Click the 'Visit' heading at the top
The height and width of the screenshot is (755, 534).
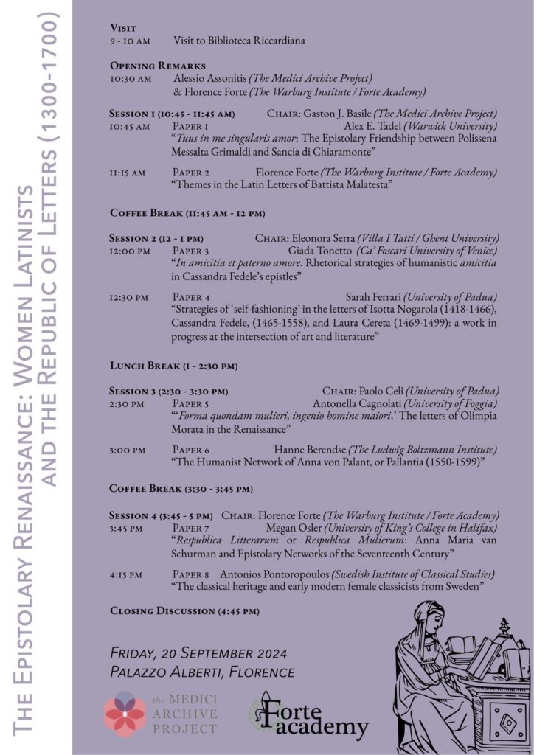[122, 27]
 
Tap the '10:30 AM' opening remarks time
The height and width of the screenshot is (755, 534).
[131, 78]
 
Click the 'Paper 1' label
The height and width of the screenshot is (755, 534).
[190, 127]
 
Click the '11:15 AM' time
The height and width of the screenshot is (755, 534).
[127, 173]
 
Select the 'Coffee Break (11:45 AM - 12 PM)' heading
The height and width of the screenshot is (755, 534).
[187, 213]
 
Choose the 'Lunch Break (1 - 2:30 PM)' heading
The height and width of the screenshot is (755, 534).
[173, 366]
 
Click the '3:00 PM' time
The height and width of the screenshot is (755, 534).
[127, 450]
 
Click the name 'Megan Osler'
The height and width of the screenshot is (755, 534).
[294, 528]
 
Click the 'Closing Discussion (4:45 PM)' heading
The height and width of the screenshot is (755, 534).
[184, 611]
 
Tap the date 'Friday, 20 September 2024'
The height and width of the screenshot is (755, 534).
[198, 654]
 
